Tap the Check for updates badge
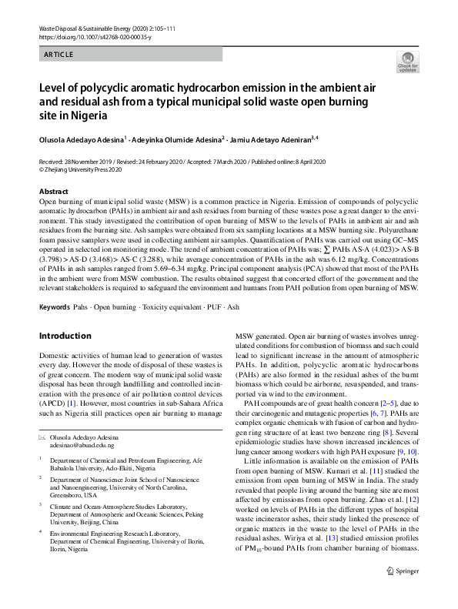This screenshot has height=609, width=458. click(407, 62)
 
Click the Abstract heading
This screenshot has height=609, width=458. click(53, 191)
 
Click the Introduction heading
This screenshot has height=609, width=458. click(65, 336)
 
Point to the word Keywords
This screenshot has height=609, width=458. click(55, 307)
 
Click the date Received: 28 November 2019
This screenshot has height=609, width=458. click(81, 162)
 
